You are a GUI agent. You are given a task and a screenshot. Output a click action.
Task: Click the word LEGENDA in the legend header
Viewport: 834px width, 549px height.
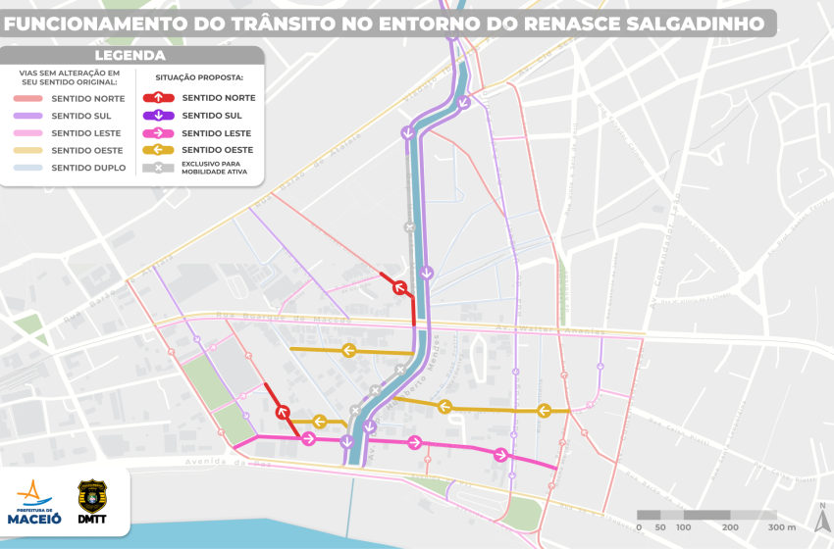pos(130,56)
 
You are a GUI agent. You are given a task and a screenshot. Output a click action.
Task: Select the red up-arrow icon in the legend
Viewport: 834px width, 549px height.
pos(159,98)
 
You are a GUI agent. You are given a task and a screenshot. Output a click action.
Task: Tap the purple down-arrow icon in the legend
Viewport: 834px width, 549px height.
pos(159,116)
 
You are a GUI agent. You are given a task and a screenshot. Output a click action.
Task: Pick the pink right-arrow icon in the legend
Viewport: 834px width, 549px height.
pos(159,133)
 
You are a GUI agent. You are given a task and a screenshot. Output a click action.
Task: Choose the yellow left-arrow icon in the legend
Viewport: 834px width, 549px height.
pos(159,150)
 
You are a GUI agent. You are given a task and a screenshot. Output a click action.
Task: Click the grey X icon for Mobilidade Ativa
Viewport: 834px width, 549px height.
pos(159,168)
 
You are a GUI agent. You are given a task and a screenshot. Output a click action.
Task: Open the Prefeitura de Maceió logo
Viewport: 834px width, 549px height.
pos(35,502)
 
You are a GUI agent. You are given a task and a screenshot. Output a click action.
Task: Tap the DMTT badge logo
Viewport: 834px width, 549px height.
pos(93,502)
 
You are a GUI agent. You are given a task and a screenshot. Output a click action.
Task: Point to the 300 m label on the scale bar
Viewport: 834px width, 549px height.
pos(781,527)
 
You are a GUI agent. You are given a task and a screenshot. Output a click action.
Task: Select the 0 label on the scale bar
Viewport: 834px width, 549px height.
pos(639,527)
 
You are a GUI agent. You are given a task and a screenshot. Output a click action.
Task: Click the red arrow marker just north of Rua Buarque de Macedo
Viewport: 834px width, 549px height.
pos(399,287)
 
